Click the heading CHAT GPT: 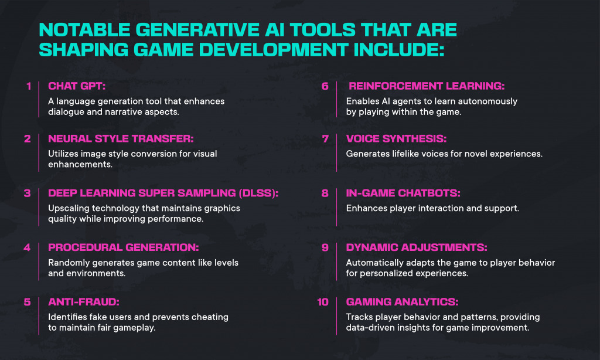tap(76, 86)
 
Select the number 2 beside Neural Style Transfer tap(28, 139)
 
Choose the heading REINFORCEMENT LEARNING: tap(426, 86)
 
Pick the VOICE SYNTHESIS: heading tap(396, 139)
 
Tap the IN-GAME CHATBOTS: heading tap(398, 193)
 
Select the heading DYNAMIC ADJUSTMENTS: tap(417, 247)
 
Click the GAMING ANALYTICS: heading tap(402, 303)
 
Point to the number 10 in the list tap(323, 303)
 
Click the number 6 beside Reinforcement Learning tap(325, 86)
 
